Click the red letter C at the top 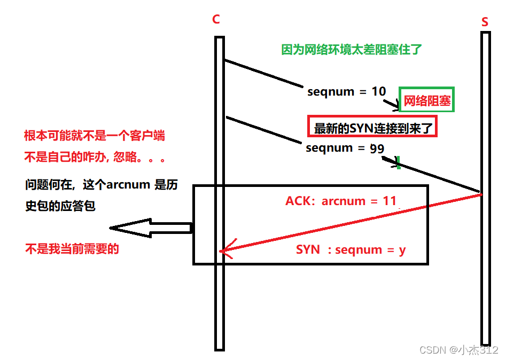[216, 20]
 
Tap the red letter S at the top [485, 22]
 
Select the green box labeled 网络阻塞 [427, 100]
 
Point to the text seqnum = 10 [346, 92]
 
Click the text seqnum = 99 [345, 148]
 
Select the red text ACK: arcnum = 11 [341, 201]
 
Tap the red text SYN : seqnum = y [351, 249]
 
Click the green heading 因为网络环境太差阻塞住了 [352, 50]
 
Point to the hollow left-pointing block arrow [150, 228]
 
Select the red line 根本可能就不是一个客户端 [95, 136]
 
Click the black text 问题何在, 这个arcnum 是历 [102, 185]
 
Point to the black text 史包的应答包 [60, 206]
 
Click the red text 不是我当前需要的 [72, 248]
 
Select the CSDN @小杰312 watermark [459, 350]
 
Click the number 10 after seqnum [379, 91]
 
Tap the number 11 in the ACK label [390, 201]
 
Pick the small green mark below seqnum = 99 [398, 162]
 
